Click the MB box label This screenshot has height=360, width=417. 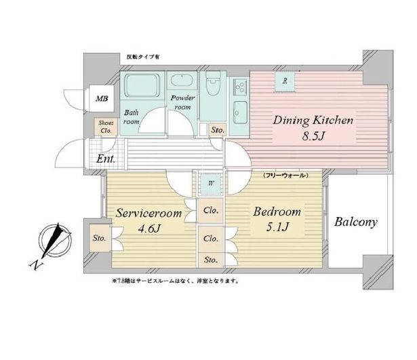click(x=101, y=99)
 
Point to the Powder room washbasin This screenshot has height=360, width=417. click(x=183, y=82)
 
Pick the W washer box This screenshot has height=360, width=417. click(x=212, y=182)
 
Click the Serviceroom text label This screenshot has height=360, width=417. click(x=147, y=213)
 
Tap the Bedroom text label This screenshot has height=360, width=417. click(x=277, y=212)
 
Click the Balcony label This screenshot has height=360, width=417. click(x=355, y=222)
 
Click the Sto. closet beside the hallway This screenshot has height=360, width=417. click(x=218, y=129)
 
